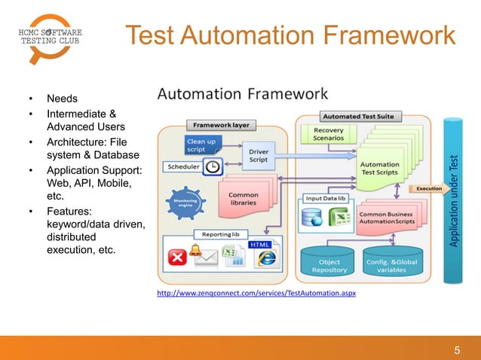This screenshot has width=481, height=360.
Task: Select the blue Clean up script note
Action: (201, 145)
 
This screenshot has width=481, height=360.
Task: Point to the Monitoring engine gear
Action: (187, 203)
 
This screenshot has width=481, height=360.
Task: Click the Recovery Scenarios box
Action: (328, 135)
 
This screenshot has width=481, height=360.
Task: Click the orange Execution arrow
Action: (427, 188)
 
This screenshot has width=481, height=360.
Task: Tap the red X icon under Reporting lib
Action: (177, 258)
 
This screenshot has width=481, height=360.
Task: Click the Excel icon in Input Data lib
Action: (339, 218)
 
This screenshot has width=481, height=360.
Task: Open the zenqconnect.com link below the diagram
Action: (256, 293)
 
